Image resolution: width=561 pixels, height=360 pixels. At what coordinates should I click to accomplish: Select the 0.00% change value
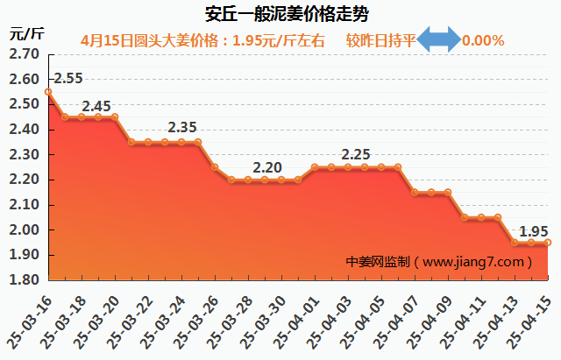[x=483, y=40]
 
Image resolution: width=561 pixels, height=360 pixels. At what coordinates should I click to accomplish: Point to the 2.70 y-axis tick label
[x=23, y=54]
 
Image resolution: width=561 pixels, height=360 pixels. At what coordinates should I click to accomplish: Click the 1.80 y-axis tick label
[x=23, y=281]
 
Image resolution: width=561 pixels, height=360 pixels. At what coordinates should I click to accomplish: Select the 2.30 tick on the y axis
[x=23, y=155]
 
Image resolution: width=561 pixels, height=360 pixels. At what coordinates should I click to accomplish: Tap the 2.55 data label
[x=67, y=79]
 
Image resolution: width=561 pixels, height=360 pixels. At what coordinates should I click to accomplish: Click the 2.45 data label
[x=96, y=107]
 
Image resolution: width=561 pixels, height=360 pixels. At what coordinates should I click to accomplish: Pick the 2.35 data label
[x=181, y=128]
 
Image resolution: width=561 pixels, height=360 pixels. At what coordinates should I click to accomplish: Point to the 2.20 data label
[x=266, y=167]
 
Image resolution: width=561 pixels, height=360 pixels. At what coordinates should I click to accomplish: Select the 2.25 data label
[x=355, y=154]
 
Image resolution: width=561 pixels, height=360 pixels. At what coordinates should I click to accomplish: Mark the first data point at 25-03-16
[x=48, y=91]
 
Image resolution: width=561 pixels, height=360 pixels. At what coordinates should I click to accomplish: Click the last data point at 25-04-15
[x=548, y=243]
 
